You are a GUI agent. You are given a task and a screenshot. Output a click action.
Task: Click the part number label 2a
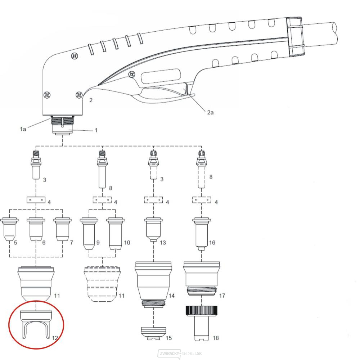click(x=210, y=112)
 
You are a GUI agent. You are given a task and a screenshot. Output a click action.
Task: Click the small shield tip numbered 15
click(x=153, y=333)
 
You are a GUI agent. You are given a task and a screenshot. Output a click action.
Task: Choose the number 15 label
click(x=168, y=338)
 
